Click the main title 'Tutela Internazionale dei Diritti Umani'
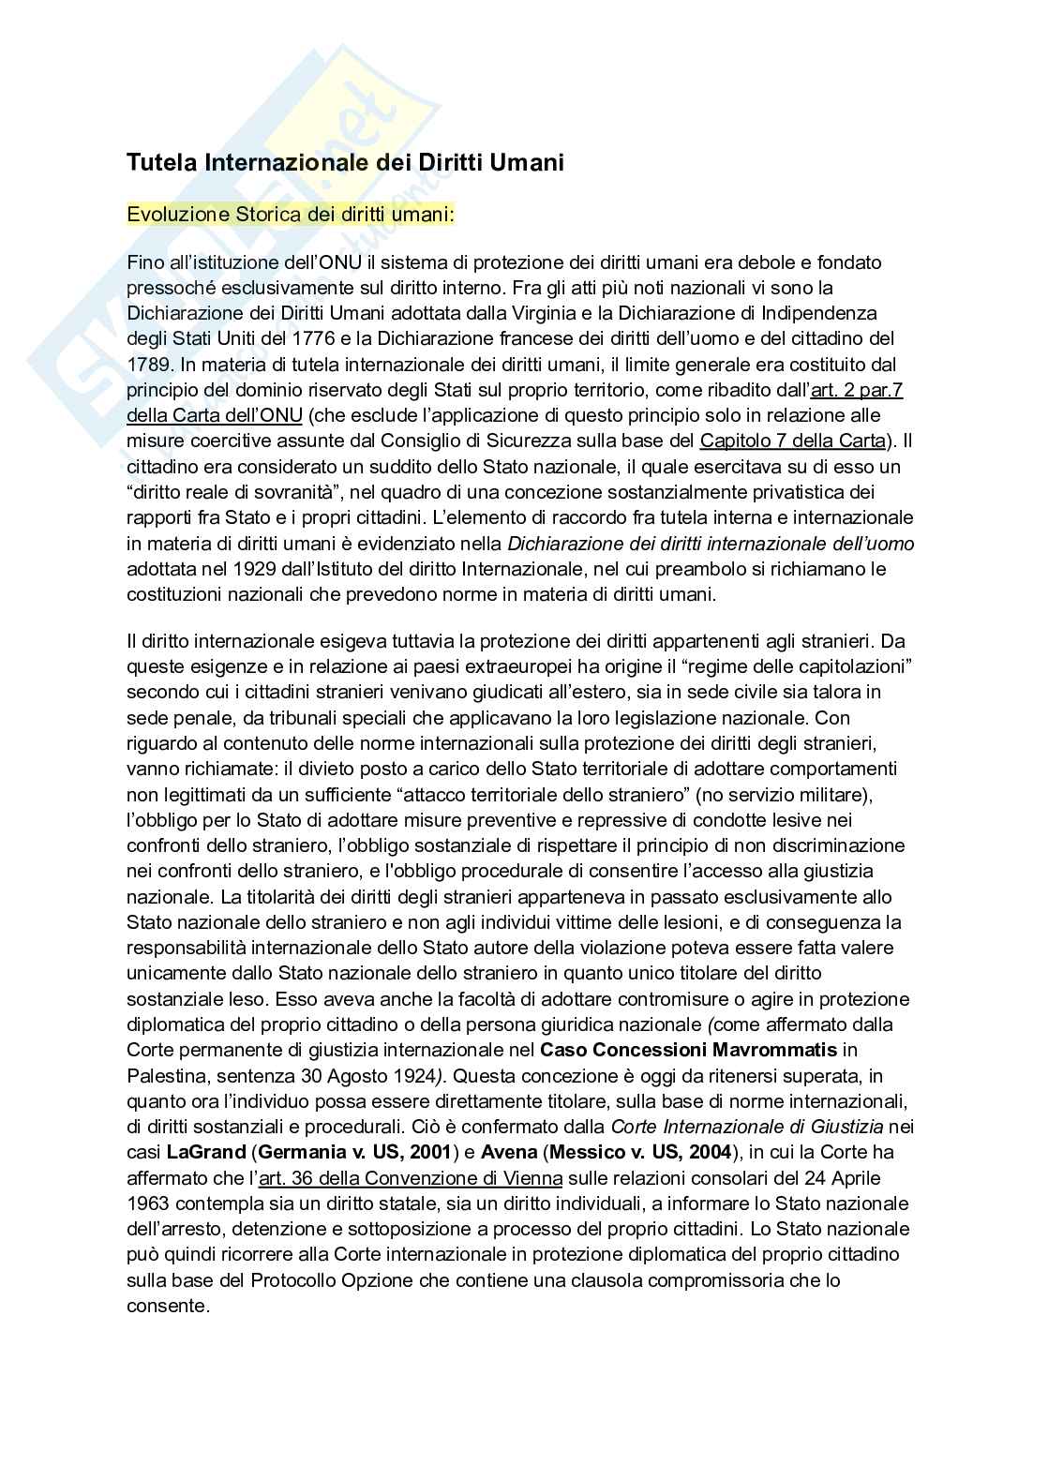(345, 163)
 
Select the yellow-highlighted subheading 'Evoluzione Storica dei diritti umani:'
(291, 215)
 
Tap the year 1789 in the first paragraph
(146, 364)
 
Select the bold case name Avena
(509, 1151)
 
